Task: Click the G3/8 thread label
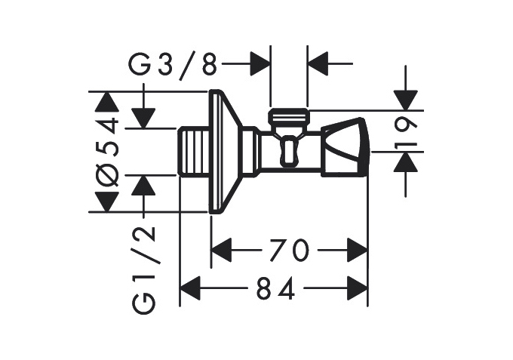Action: (x=173, y=66)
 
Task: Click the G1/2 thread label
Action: (x=143, y=270)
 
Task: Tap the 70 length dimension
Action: (x=289, y=250)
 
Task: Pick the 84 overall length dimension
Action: (x=276, y=288)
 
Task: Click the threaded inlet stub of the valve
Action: (x=194, y=152)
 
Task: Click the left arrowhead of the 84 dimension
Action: (x=190, y=288)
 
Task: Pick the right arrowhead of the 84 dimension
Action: (x=357, y=288)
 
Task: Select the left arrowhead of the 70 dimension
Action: (x=222, y=250)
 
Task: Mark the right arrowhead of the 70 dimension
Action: (x=357, y=250)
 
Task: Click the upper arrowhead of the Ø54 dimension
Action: (x=107, y=102)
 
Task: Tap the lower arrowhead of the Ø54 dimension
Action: (x=107, y=202)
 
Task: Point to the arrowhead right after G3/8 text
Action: (x=260, y=63)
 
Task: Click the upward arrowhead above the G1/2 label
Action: (x=143, y=185)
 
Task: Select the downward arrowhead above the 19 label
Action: (x=406, y=100)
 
